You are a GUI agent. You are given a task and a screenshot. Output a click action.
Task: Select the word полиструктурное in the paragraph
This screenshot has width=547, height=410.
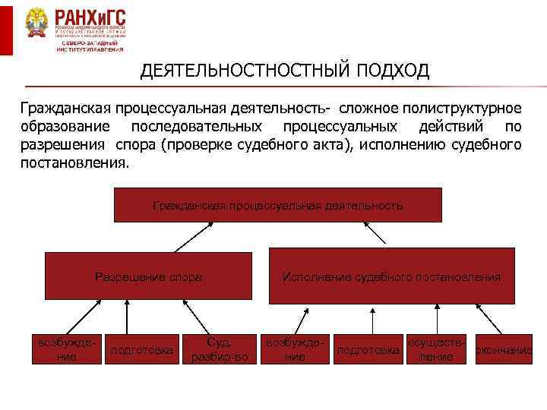click(x=463, y=108)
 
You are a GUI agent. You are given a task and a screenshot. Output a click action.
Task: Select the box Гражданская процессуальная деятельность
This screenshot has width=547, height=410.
click(x=277, y=206)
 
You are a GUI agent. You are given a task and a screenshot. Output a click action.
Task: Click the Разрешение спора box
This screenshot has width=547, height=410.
click(x=148, y=277)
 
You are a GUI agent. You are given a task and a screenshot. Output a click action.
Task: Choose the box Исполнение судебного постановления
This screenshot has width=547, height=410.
click(x=391, y=277)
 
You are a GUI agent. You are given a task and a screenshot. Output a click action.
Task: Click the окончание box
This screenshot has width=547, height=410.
click(x=503, y=350)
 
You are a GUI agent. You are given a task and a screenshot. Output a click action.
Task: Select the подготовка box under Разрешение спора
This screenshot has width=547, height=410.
click(x=143, y=350)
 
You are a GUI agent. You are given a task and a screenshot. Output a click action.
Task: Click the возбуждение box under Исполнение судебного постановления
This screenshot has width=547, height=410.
click(x=296, y=348)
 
